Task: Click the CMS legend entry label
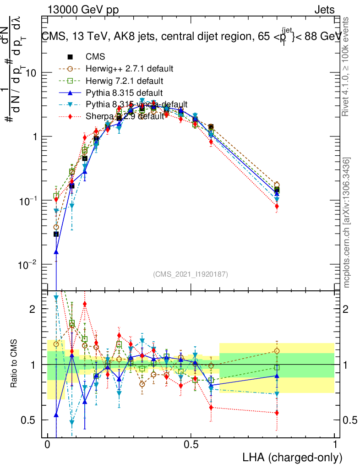point(95,57)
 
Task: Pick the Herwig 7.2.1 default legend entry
point(125,81)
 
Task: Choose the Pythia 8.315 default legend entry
point(123,93)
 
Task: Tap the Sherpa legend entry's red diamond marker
point(70,116)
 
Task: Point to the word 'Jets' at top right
point(324,10)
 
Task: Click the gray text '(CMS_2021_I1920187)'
point(191,274)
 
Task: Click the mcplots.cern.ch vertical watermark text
point(347,223)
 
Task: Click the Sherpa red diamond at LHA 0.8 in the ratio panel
point(277,413)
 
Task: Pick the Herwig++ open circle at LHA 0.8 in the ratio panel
point(277,351)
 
